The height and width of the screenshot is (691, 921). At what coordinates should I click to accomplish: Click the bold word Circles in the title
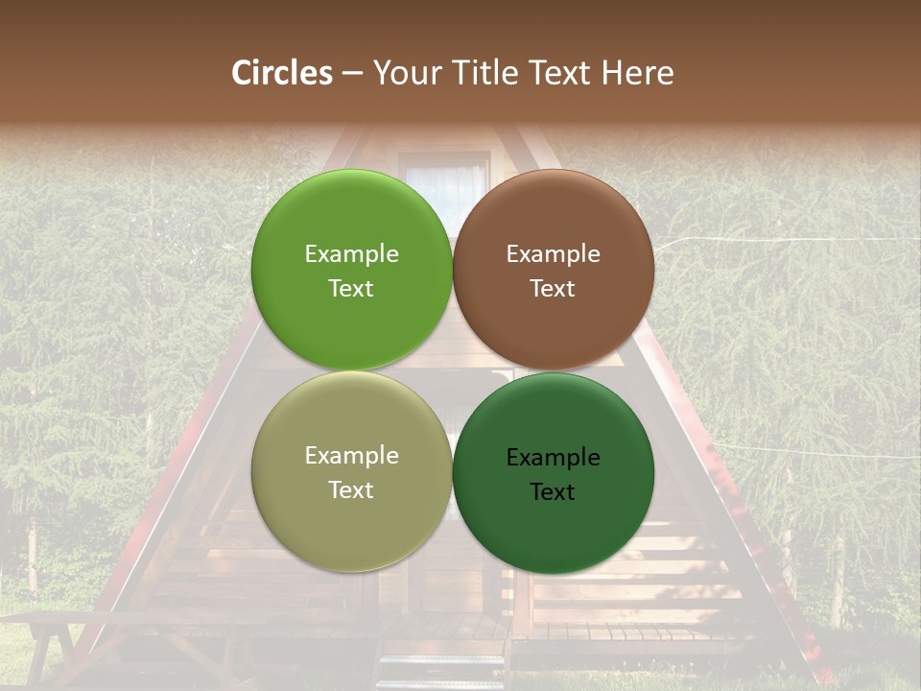282,73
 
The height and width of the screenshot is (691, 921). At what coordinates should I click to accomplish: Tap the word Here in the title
638,73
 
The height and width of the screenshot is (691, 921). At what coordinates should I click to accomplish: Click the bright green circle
351,270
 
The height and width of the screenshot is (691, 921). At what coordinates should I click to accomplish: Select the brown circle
554,270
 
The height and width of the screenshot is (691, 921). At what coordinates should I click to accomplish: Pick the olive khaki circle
351,471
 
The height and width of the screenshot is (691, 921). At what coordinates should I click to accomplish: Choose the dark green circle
554,473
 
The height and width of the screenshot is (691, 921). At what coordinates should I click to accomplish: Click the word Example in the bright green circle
351,253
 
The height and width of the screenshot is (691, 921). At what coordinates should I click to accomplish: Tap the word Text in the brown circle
553,288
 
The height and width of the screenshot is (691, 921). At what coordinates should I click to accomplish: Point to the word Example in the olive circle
351,455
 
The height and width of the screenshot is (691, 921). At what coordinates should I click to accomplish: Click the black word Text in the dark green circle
553,491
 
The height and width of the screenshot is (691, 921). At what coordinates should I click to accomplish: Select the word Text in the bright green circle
351,288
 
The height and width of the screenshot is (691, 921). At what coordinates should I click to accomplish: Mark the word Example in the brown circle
553,253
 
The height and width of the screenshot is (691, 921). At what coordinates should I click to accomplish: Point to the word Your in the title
404,73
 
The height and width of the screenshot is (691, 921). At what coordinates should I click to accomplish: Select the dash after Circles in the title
352,73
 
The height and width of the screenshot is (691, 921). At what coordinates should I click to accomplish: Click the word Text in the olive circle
351,489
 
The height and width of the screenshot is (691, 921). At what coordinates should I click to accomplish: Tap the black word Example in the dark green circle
553,457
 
